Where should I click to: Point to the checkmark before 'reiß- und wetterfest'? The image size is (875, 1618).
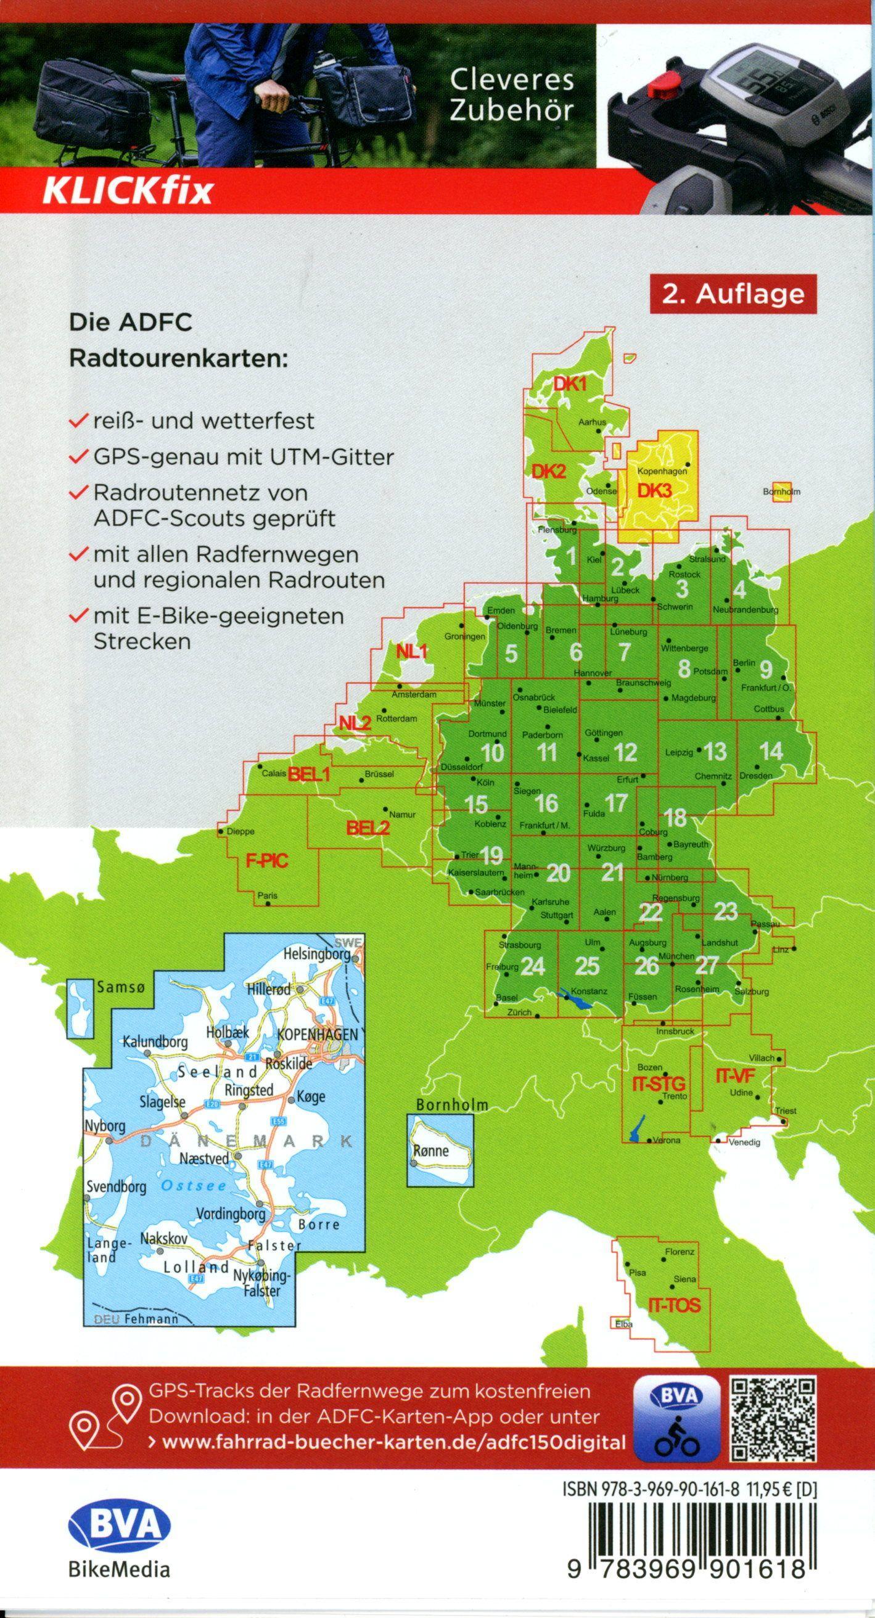[79, 420]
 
